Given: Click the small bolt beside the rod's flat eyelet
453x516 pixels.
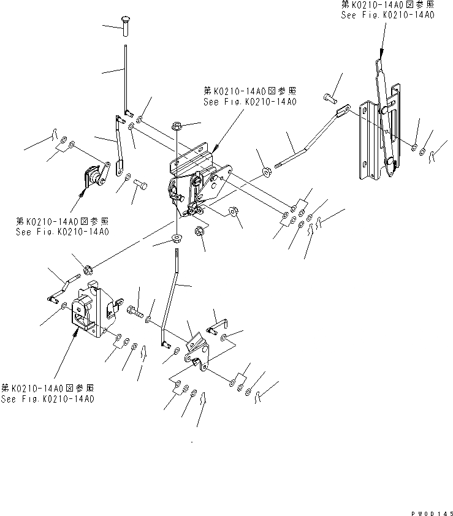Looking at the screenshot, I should coord(327,97).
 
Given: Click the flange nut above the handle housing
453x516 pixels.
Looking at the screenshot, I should coord(88,268).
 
